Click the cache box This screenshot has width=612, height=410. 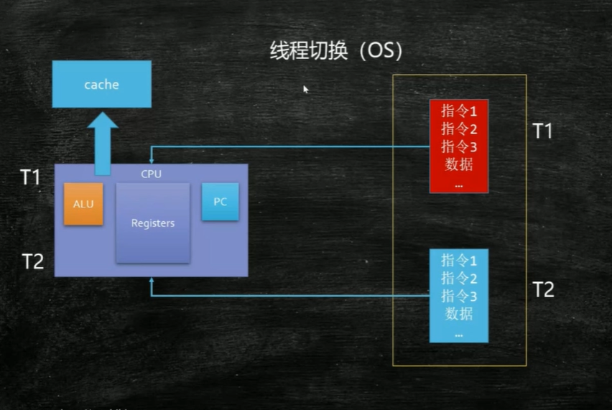click(101, 84)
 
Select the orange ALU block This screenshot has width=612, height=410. click(83, 204)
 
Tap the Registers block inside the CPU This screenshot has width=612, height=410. click(153, 223)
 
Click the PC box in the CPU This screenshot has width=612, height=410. click(220, 202)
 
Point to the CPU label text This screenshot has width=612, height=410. click(151, 173)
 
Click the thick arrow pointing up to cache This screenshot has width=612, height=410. click(103, 144)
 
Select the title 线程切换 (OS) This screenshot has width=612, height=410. click(335, 52)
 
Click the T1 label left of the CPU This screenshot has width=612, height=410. click(30, 177)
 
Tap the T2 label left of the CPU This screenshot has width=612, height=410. click(32, 261)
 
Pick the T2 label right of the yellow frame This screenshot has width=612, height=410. click(543, 289)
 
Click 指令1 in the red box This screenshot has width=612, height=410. click(459, 111)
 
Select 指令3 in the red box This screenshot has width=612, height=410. click(459, 146)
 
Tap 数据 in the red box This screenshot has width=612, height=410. click(459, 164)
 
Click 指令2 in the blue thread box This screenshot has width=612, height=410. click(459, 278)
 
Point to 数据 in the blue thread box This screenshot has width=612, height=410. click(459, 314)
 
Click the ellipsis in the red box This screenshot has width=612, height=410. click(459, 185)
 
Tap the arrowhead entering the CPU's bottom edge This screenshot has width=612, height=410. click(152, 282)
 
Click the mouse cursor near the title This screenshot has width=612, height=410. click(305, 89)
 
